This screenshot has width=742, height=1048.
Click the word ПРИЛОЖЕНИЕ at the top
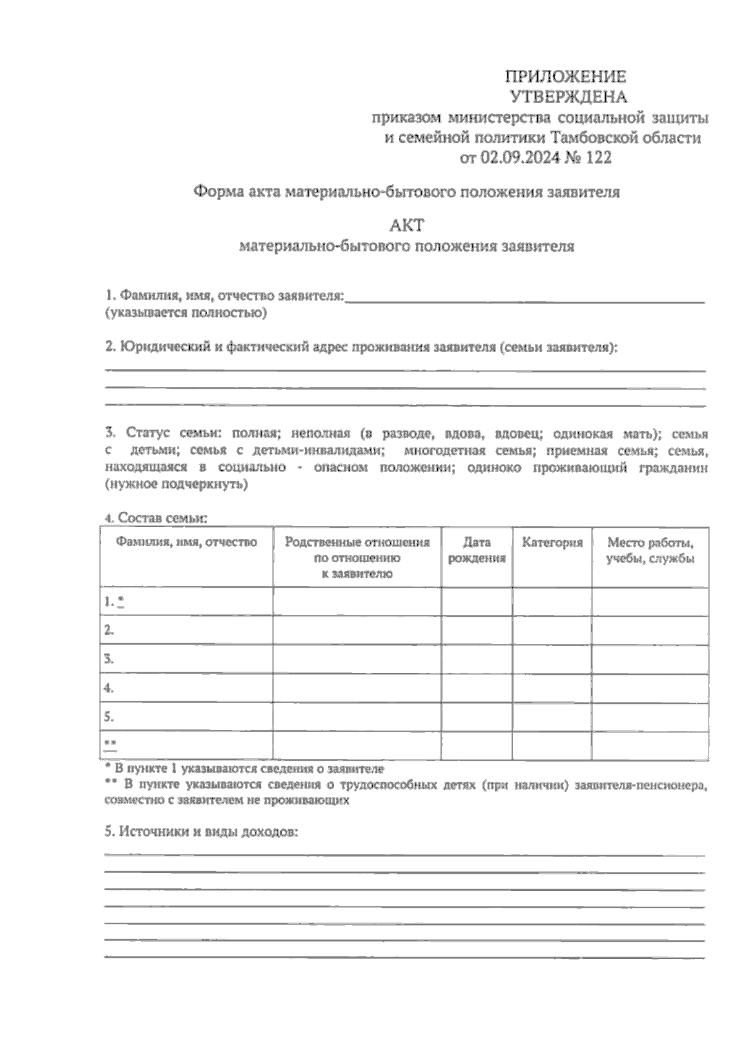[x=566, y=77]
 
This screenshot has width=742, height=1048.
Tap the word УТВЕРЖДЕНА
[x=568, y=97]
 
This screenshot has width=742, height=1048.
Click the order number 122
[x=598, y=158]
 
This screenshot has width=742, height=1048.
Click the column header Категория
[x=552, y=543]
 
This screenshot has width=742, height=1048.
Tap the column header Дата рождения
[x=476, y=551]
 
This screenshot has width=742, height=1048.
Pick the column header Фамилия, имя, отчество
[x=186, y=543]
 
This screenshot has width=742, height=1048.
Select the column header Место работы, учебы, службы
[x=650, y=551]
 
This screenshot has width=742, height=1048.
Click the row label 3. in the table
[x=109, y=659]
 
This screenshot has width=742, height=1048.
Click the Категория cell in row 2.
[x=552, y=630]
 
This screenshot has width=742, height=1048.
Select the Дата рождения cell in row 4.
[x=476, y=688]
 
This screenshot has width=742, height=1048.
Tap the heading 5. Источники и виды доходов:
[x=202, y=832]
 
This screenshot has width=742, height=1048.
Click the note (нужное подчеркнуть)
[x=177, y=485]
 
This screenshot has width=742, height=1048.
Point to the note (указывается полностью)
[x=186, y=313]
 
